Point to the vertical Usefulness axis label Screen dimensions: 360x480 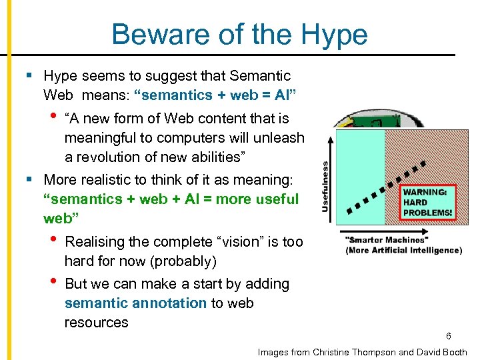click(x=325, y=187)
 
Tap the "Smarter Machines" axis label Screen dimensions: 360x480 click(x=385, y=239)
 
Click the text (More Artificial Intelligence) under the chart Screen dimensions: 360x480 click(x=403, y=251)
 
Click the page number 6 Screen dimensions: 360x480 click(x=449, y=337)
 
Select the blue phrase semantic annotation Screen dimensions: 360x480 click(x=135, y=303)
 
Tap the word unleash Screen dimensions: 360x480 click(x=279, y=138)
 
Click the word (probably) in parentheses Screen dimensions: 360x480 click(x=185, y=261)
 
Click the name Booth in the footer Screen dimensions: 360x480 click(x=453, y=352)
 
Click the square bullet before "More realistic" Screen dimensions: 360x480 click(x=29, y=180)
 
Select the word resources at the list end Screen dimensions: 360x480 click(x=96, y=323)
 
